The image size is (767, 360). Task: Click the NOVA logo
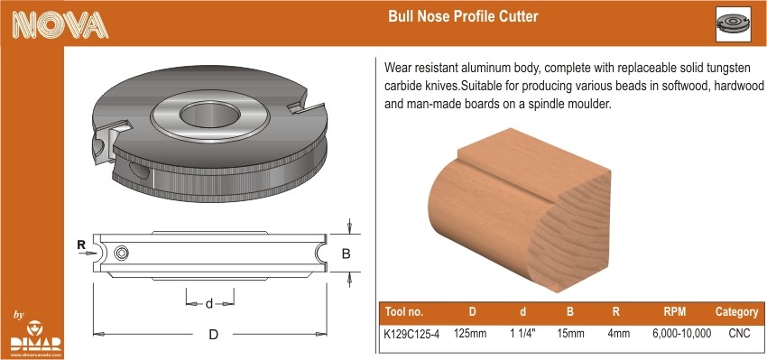coord(60,24)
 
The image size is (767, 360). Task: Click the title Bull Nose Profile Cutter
coord(463,16)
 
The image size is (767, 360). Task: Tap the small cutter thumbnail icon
coord(734,24)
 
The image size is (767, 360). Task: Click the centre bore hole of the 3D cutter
coord(210,115)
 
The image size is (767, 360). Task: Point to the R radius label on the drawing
coord(81,245)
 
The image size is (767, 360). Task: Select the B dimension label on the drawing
coord(346,254)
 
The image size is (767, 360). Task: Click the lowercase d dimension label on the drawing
coord(209,304)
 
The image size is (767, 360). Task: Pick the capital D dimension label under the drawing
coord(213,335)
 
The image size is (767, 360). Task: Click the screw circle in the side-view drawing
coord(121,253)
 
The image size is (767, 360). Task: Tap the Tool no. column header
coord(404,312)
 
